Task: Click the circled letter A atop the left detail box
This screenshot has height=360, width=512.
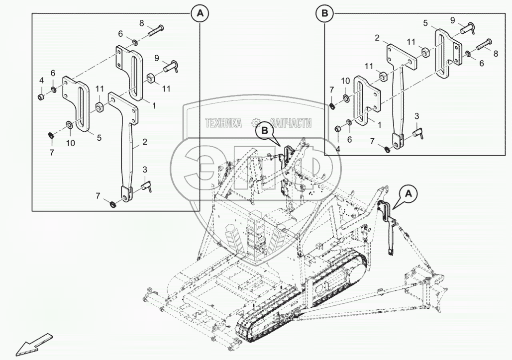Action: coord(200,14)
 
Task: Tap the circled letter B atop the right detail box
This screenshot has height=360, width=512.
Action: coord(325,14)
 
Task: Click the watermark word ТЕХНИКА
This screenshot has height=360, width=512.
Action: coord(223,122)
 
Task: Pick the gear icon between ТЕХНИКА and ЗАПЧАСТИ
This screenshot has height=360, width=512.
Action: coord(255,122)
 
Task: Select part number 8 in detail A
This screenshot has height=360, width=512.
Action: coord(141,23)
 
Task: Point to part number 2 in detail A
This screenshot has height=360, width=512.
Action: coord(144,142)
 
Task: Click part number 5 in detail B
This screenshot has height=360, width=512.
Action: coord(426,23)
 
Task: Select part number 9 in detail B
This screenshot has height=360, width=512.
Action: coord(452,20)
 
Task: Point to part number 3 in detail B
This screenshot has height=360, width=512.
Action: coord(417,116)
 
